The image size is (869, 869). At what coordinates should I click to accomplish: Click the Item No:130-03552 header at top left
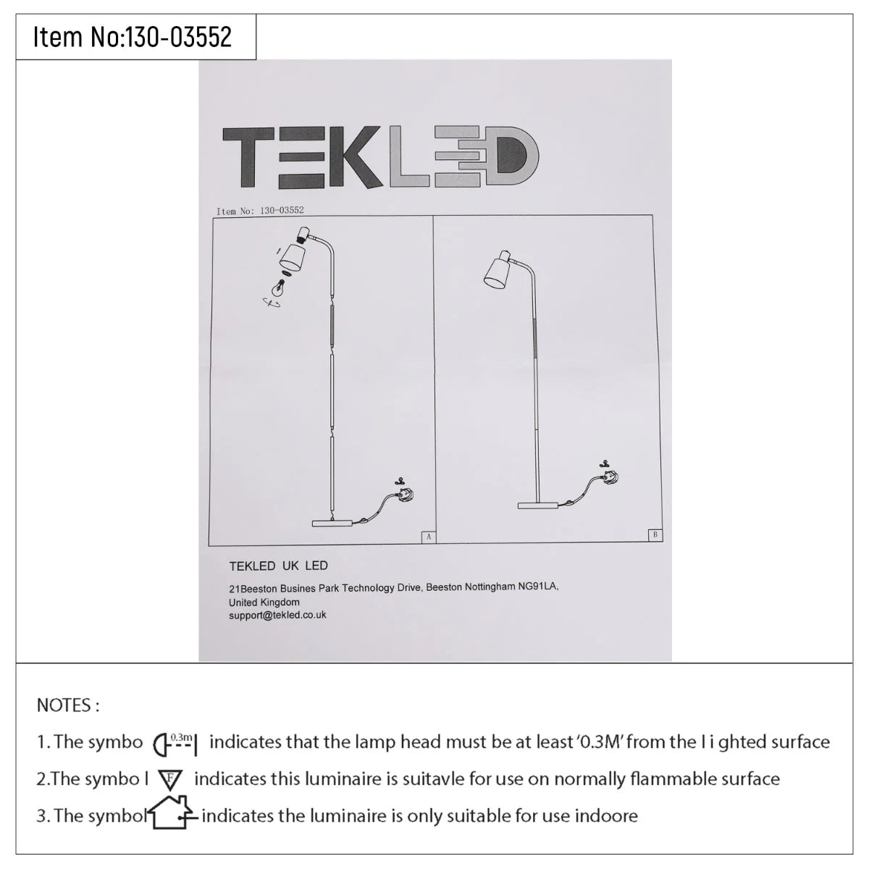[x=132, y=37]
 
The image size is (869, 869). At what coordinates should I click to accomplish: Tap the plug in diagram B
[x=610, y=477]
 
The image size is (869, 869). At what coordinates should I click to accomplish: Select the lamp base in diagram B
[x=537, y=505]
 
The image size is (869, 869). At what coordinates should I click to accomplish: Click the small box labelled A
[x=429, y=537]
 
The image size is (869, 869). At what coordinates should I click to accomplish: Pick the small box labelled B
[x=655, y=534]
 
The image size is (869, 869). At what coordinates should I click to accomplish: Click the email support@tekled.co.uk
[x=277, y=615]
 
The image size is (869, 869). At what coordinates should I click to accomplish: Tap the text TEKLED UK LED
[x=278, y=566]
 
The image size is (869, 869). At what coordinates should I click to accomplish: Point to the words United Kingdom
[x=264, y=602]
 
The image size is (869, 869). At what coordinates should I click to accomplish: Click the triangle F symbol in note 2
[x=170, y=779]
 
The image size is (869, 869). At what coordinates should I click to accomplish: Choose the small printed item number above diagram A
[x=260, y=211]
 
